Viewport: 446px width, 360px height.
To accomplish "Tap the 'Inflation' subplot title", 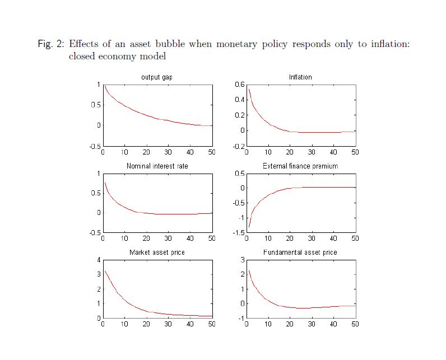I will (x=300, y=77).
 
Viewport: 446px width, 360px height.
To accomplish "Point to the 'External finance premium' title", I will (x=300, y=166).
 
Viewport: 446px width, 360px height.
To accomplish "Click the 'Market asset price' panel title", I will (x=157, y=253).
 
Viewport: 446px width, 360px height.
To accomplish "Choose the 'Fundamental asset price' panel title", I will (x=300, y=253).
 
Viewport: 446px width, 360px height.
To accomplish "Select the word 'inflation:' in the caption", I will (x=391, y=44).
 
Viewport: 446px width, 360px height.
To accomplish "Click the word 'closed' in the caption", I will (x=83, y=57).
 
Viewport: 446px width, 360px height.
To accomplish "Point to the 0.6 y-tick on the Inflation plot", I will (x=239, y=85).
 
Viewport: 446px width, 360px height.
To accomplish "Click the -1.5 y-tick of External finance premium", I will (x=238, y=232).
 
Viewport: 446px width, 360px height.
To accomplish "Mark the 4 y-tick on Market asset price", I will (x=98, y=260).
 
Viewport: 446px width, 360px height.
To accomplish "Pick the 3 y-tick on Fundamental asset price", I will (x=242, y=260).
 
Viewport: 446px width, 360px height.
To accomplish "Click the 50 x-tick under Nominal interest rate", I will (x=212, y=239).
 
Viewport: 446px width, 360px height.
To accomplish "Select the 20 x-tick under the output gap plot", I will (x=146, y=152).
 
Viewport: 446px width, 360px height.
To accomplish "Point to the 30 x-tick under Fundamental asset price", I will (x=312, y=325).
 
